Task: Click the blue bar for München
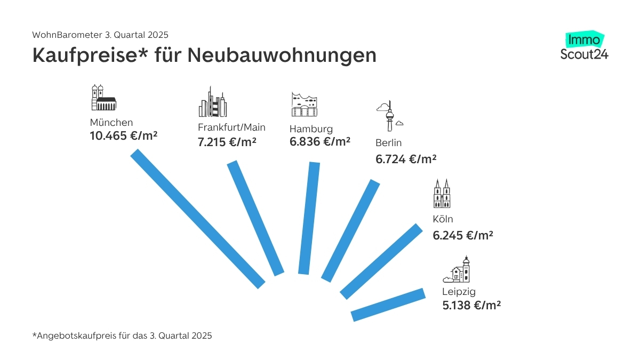tap(198, 219)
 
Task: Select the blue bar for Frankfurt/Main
tap(255, 218)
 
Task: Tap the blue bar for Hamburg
tap(309, 218)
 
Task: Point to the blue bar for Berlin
tap(350, 231)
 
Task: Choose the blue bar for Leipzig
tap(388, 305)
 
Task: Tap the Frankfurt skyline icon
tap(212, 102)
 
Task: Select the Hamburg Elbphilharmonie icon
tap(305, 104)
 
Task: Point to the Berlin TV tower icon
tap(390, 115)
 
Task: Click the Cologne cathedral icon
tap(442, 194)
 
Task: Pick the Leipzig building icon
tap(458, 270)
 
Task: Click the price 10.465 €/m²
tap(124, 136)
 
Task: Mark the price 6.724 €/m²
tap(406, 158)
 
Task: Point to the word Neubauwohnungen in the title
tap(282, 55)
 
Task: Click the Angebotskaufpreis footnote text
tap(122, 336)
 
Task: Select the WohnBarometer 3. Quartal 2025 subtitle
tap(100, 35)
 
